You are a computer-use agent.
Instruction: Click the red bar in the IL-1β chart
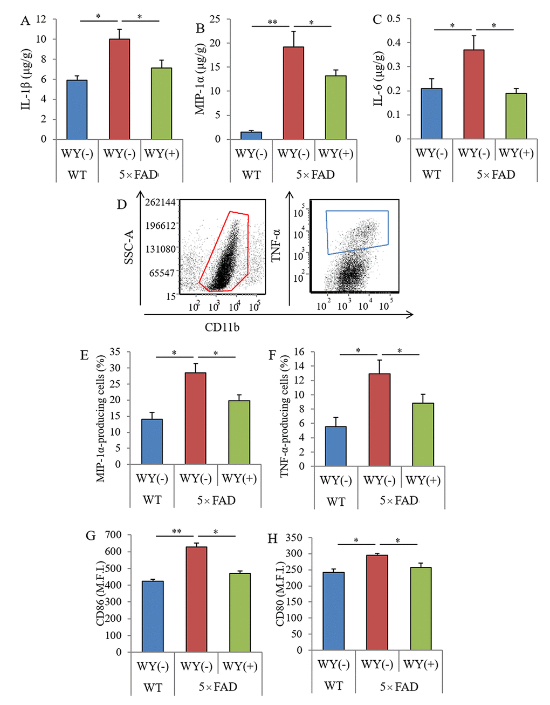click(119, 89)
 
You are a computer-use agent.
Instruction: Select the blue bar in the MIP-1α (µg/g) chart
click(251, 135)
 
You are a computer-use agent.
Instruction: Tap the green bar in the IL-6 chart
click(516, 116)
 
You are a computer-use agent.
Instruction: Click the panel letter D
click(121, 205)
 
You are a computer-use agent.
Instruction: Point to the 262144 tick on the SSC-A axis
click(161, 202)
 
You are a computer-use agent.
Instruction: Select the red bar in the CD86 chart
click(196, 599)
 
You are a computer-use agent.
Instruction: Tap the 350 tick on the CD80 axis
click(294, 538)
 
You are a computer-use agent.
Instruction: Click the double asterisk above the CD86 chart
click(176, 532)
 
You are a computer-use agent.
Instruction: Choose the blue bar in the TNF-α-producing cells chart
click(335, 446)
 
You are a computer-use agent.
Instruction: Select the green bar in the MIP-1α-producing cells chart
click(239, 432)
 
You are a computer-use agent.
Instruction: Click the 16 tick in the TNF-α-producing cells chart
click(299, 352)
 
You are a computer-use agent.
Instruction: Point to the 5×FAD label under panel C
click(496, 175)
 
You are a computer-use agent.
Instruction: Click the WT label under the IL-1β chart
click(77, 175)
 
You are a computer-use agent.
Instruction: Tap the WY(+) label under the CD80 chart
click(421, 664)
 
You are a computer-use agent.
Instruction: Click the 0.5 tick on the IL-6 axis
click(394, 19)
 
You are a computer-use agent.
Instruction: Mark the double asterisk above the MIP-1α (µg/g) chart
click(272, 23)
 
